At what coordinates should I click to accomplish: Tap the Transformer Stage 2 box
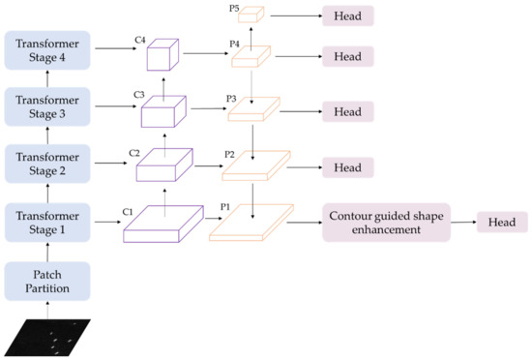48,163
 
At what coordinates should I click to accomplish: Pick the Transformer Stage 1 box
48,221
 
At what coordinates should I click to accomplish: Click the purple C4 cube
163,56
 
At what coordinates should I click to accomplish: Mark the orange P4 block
251,55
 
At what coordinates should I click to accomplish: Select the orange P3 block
252,110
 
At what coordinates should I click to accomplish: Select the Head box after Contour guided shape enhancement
500,222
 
